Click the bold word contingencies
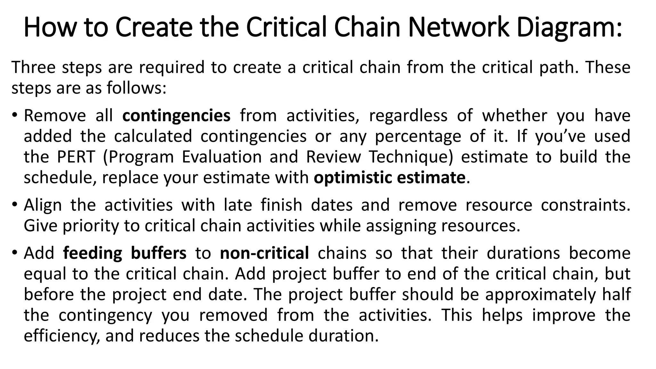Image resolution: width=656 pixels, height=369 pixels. pyautogui.click(x=176, y=116)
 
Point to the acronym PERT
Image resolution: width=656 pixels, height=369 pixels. pyautogui.click(x=76, y=157)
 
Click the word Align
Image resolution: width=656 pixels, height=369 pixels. pyautogui.click(x=43, y=205)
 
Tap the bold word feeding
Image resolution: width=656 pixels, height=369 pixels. pyautogui.click(x=93, y=253)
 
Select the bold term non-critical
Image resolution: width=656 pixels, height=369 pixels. pyautogui.click(x=264, y=253)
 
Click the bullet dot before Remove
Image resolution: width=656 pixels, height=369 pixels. pyautogui.click(x=15, y=116)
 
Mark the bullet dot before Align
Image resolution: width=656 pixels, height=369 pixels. pyautogui.click(x=15, y=205)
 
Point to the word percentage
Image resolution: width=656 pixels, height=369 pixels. pyautogui.click(x=418, y=137)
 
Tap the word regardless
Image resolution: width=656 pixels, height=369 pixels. pyautogui.click(x=408, y=116)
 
